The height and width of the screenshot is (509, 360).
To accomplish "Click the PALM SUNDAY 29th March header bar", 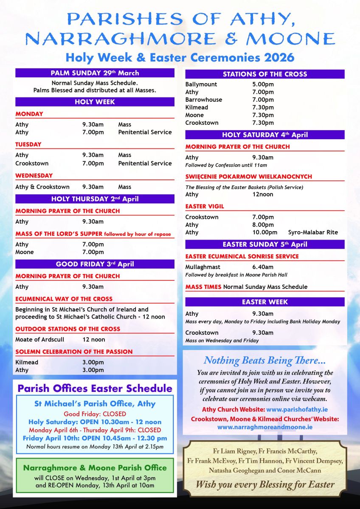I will [95, 73].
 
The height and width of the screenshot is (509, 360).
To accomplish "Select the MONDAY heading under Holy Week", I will [29, 114].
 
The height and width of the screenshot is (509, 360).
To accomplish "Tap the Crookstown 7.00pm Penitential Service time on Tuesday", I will [93, 163].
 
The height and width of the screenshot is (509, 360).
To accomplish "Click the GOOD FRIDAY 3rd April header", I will [95, 264].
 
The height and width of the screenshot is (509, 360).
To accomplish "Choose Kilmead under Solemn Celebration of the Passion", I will [27, 362].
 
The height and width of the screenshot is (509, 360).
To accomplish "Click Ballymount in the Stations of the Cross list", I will [201, 84].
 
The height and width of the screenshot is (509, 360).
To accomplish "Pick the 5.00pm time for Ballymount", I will [263, 84].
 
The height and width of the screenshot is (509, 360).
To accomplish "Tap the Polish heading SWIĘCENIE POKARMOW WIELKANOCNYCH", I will [249, 176].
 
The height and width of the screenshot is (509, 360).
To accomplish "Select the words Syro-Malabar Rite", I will [313, 232].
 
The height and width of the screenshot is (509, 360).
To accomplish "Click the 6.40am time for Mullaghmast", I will [263, 267].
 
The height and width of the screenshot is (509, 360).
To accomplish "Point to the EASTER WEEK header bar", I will [265, 302].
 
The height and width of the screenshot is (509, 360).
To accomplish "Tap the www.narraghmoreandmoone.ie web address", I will [265, 427].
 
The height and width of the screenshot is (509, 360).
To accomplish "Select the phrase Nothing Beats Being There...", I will [265, 361].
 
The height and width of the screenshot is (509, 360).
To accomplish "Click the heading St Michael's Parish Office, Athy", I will [95, 404].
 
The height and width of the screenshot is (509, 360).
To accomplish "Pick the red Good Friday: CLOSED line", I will [95, 414].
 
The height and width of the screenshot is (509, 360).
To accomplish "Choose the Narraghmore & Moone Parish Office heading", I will [95, 468].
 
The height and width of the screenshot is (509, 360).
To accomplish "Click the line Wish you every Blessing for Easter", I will [265, 484].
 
